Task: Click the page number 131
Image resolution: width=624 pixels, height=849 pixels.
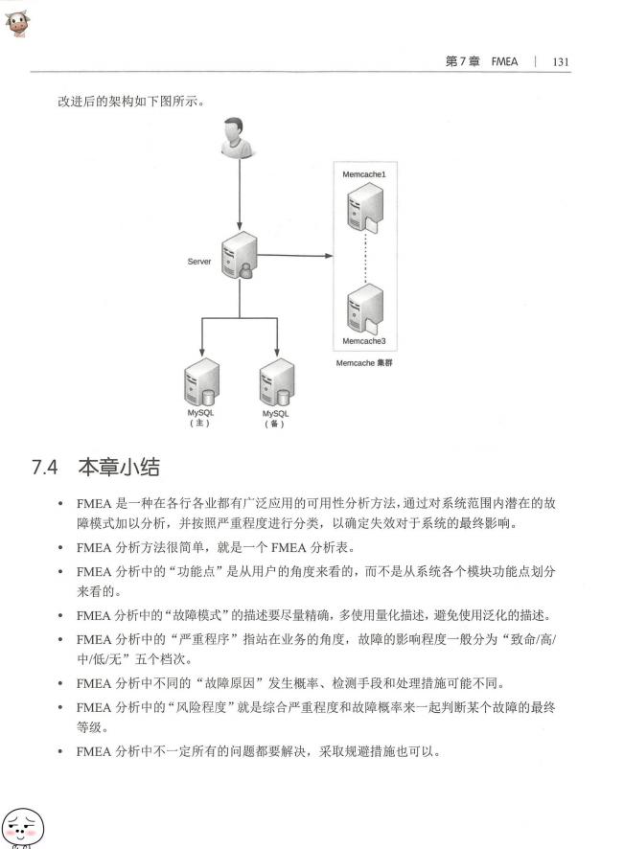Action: [561, 61]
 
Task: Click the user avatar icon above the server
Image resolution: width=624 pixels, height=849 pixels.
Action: [238, 139]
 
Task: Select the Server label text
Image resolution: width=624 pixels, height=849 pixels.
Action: [198, 262]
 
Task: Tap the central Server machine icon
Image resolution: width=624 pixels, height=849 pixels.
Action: [240, 256]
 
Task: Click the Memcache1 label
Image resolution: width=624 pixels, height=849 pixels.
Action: [364, 174]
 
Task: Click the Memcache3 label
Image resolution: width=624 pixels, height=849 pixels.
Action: [364, 341]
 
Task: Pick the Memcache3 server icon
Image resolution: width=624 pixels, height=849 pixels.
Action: [365, 310]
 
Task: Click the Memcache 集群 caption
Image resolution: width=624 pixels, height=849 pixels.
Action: [364, 363]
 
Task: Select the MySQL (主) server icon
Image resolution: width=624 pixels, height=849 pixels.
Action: [201, 381]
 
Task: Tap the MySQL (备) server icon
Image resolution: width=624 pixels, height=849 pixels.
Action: [277, 381]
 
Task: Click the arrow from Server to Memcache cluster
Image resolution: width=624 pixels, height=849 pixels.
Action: [295, 255]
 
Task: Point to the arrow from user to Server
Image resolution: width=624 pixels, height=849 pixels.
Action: [240, 195]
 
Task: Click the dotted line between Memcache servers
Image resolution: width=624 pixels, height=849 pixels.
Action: [365, 258]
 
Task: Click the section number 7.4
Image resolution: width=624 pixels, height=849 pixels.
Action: [44, 468]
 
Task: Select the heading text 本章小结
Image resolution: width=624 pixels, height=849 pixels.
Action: [119, 467]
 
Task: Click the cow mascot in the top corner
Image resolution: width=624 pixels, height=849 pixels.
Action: [17, 23]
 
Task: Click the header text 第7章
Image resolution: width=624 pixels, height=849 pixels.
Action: [463, 61]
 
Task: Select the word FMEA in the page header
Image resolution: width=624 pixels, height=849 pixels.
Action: [504, 61]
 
